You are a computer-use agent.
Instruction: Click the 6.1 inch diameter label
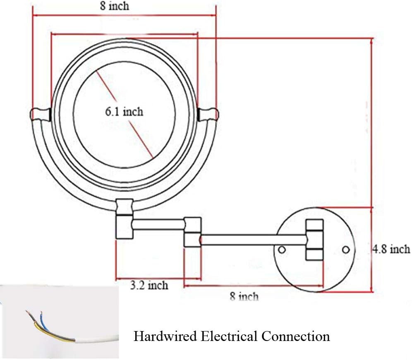tap(124, 111)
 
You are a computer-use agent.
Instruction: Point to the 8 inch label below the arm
tap(244, 296)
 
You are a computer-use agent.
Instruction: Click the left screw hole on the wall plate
tap(282, 250)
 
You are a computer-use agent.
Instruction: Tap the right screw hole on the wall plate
tap(346, 250)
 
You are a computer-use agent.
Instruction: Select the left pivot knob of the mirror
tap(39, 114)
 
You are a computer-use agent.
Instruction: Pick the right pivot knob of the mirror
tap(209, 114)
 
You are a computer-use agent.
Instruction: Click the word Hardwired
tap(165, 336)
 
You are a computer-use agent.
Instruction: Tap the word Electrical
tap(228, 336)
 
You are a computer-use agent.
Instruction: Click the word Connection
tap(295, 336)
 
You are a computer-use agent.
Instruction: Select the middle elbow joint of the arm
tap(192, 232)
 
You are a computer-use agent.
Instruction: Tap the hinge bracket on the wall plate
tap(314, 240)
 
